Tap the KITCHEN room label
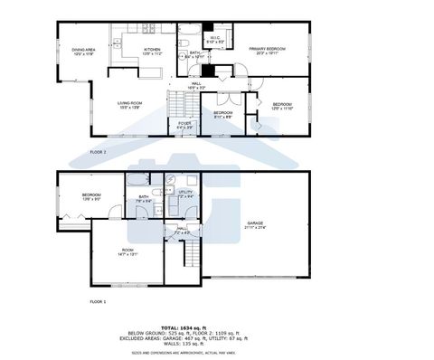point(152,51)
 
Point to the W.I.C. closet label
point(216,40)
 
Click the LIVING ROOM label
point(130,105)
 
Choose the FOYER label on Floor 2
point(184,125)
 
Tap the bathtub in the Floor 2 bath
point(191,38)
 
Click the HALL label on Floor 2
point(195,85)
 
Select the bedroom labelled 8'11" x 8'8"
point(222,114)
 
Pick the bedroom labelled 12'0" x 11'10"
point(282,106)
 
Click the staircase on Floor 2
point(174,109)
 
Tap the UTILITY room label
point(184,194)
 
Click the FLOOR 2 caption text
point(99,152)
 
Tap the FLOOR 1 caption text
point(99,300)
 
